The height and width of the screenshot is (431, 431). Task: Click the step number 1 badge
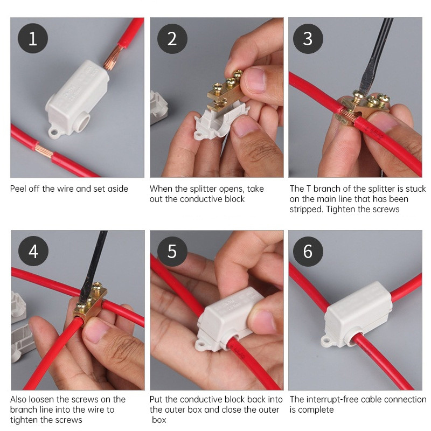click(x=33, y=38)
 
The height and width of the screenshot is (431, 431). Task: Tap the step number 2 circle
click(x=172, y=38)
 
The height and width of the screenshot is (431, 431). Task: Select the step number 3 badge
click(x=308, y=38)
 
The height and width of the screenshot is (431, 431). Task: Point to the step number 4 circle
click(x=33, y=251)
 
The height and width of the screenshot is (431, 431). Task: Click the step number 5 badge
click(x=172, y=251)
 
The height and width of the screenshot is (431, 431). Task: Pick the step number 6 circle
click(x=308, y=251)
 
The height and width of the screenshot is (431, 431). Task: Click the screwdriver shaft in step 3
click(x=375, y=55)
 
